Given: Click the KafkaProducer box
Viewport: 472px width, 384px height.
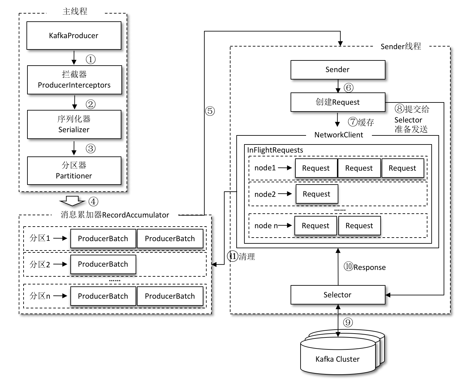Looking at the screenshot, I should pyautogui.click(x=74, y=36).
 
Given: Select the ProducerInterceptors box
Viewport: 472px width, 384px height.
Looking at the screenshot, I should pyautogui.click(x=74, y=80).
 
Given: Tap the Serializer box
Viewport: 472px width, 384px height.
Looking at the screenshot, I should pyautogui.click(x=74, y=124).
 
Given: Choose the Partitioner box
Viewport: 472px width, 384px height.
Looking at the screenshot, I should pyautogui.click(x=74, y=171).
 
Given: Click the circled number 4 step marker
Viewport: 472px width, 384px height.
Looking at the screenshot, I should pyautogui.click(x=93, y=202).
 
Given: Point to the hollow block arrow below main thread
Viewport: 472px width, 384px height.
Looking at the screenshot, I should pyautogui.click(x=72, y=201).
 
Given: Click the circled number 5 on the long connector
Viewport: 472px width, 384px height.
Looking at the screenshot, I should pyautogui.click(x=210, y=111).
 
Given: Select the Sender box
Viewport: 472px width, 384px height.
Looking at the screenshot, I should pyautogui.click(x=338, y=69).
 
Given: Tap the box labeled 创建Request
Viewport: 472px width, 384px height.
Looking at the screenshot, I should pyautogui.click(x=338, y=102).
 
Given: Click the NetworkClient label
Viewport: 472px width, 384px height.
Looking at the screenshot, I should pyautogui.click(x=339, y=135).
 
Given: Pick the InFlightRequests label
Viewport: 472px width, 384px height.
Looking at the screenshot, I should pyautogui.click(x=275, y=150).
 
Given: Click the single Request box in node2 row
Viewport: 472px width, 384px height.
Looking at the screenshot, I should pyautogui.click(x=317, y=194).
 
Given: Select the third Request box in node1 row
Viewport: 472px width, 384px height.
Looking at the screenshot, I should pyautogui.click(x=402, y=168).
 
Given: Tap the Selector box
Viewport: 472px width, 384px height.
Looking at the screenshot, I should pyautogui.click(x=338, y=294).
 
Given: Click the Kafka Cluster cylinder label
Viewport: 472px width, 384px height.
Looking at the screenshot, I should pyautogui.click(x=337, y=359).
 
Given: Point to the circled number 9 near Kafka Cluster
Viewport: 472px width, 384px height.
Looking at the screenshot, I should pyautogui.click(x=348, y=322).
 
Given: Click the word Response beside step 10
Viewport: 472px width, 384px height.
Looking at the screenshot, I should pyautogui.click(x=370, y=267).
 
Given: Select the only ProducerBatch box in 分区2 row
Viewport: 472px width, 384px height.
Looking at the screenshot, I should pyautogui.click(x=103, y=264).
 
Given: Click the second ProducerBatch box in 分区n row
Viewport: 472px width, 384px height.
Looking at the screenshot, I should pyautogui.click(x=170, y=296).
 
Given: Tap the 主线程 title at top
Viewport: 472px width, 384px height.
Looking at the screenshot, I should pyautogui.click(x=75, y=12).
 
